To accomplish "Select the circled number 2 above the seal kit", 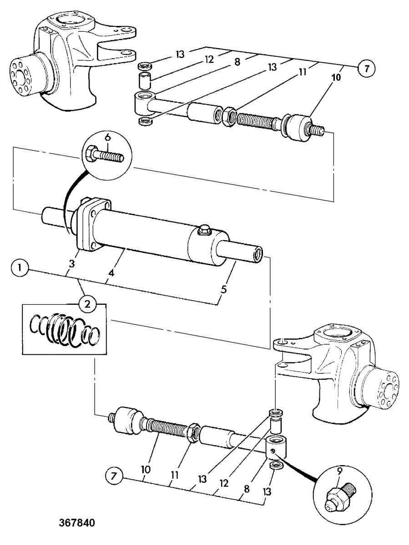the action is [x=87, y=305].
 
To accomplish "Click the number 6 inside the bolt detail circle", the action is [x=107, y=139].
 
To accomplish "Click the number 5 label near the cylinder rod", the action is [x=224, y=290].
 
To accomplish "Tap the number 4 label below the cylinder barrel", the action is [x=111, y=273].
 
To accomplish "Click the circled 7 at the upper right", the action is [x=367, y=69].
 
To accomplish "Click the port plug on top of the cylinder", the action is [x=204, y=230].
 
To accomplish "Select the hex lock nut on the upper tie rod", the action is [x=230, y=115].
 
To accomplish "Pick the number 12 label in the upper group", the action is [x=209, y=59].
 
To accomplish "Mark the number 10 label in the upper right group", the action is [x=336, y=78].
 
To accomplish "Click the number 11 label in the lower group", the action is [x=175, y=475].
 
